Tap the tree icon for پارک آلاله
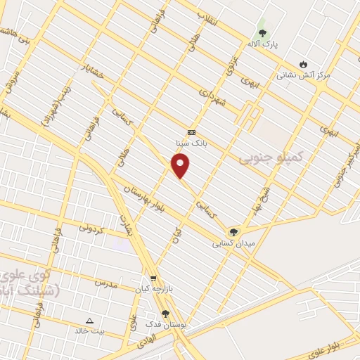(262, 33)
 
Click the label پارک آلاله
(262, 44)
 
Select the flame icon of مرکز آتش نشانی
(303, 64)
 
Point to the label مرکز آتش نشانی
(303, 75)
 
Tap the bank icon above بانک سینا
(191, 131)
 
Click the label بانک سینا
(191, 142)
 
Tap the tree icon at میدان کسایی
(233, 232)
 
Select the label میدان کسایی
(233, 243)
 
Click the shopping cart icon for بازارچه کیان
(153, 278)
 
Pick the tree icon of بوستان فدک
(165, 314)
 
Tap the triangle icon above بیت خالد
(89, 320)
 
